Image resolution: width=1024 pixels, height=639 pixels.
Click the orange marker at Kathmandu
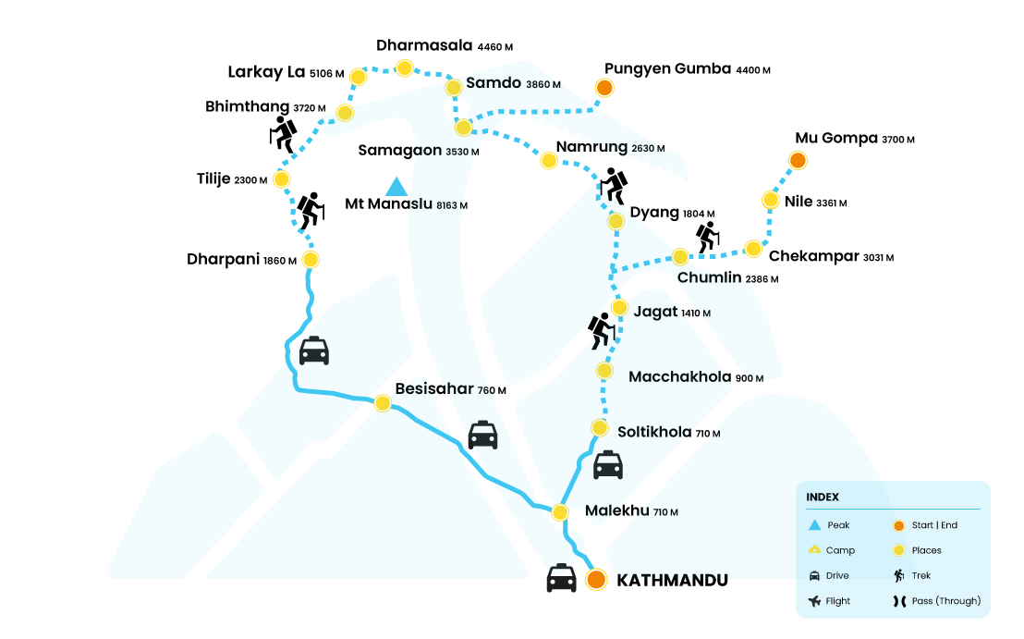pyautogui.click(x=596, y=580)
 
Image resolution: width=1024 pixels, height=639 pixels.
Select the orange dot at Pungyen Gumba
pyautogui.click(x=603, y=88)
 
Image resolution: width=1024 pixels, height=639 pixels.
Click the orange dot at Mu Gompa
pyautogui.click(x=797, y=161)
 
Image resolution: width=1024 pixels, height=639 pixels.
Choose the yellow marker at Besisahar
pyautogui.click(x=382, y=402)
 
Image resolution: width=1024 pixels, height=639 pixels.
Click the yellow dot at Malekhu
pyautogui.click(x=560, y=511)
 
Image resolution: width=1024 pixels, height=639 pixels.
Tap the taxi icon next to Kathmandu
pyautogui.click(x=562, y=578)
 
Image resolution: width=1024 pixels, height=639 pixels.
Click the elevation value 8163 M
pyautogui.click(x=452, y=205)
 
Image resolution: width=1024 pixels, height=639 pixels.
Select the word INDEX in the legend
pyautogui.click(x=823, y=498)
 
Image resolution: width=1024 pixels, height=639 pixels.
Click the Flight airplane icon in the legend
pyautogui.click(x=814, y=601)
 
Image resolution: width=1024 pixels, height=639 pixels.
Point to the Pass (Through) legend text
pyautogui.click(x=945, y=601)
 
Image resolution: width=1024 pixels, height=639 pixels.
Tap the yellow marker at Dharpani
pyautogui.click(x=311, y=260)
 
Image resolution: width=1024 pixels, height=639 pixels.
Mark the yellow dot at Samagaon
pyautogui.click(x=463, y=128)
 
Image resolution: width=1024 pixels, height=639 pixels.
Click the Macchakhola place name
pyautogui.click(x=680, y=376)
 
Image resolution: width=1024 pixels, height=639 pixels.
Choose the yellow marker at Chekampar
pyautogui.click(x=753, y=248)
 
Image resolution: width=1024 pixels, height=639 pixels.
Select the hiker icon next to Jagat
pyautogui.click(x=602, y=330)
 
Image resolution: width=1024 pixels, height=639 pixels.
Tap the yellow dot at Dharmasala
pyautogui.click(x=404, y=68)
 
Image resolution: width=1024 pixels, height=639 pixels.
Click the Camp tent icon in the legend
pyautogui.click(x=814, y=550)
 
